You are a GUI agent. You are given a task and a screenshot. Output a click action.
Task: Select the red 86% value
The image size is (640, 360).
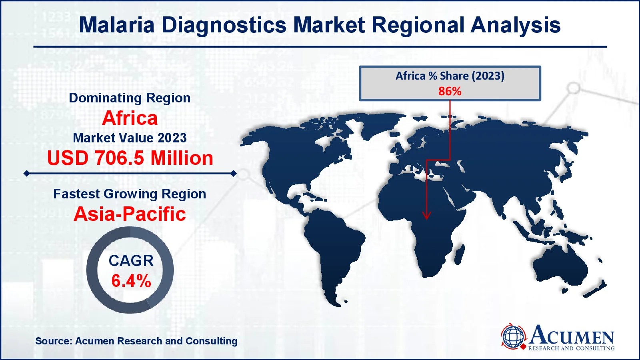pyautogui.click(x=450, y=91)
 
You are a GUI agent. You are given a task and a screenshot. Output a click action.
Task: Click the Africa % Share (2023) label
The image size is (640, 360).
pyautogui.click(x=450, y=76)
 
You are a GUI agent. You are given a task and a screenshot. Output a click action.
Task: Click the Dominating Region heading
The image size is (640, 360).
pyautogui.click(x=130, y=98)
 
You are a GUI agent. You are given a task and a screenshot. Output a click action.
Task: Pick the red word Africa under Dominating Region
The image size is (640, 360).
pyautogui.click(x=130, y=118)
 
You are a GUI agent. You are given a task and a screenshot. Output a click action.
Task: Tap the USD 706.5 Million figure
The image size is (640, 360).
pyautogui.click(x=130, y=158)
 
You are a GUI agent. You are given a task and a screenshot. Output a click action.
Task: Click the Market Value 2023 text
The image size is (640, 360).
pyautogui.click(x=130, y=138)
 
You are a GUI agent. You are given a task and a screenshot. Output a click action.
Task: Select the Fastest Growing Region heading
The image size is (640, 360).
pyautogui.click(x=130, y=194)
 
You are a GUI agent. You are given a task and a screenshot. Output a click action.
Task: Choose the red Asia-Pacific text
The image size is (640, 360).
pyautogui.click(x=130, y=214)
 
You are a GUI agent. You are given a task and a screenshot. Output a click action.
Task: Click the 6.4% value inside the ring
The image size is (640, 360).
pyautogui.click(x=131, y=281)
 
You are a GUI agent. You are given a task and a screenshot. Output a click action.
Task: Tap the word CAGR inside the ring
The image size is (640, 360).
pyautogui.click(x=131, y=261)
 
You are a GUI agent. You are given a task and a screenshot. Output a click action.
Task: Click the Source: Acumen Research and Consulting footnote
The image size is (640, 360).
pyautogui.click(x=136, y=341)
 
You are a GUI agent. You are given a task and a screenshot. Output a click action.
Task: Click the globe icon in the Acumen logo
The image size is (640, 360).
pyautogui.click(x=513, y=336)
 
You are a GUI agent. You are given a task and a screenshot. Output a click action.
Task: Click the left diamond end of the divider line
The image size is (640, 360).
pyautogui.click(x=26, y=174)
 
